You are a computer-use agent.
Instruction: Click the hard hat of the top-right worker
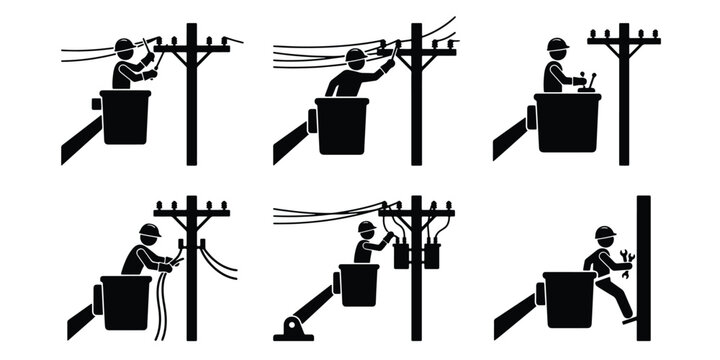pyautogui.click(x=557, y=45)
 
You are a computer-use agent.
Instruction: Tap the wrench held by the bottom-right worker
pyautogui.click(x=627, y=263)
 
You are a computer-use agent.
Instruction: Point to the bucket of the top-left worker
pyautogui.click(x=125, y=117)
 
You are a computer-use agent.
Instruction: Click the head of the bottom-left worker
pyautogui.click(x=150, y=232)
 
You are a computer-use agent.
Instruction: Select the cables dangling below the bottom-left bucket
pyautogui.click(x=161, y=315)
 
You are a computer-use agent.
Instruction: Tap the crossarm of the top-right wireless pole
pyautogui.click(x=623, y=43)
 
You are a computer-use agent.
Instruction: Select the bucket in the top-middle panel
pyautogui.click(x=341, y=125)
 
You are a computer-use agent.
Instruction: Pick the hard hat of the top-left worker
pyautogui.click(x=124, y=46)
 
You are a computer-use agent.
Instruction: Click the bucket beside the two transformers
pyautogui.click(x=359, y=285)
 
